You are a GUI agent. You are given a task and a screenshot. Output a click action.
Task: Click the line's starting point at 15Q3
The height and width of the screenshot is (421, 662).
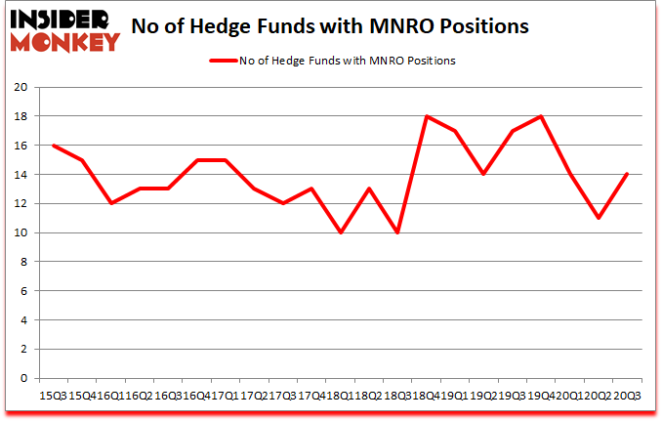[x=53, y=146]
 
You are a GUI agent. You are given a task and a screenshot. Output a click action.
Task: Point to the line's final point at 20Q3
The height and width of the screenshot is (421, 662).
[x=627, y=174]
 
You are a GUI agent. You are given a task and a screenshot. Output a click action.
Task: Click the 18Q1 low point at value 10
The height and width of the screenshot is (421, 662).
[x=340, y=232]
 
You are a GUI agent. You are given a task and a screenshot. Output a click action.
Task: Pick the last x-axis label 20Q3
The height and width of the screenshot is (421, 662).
[x=627, y=395]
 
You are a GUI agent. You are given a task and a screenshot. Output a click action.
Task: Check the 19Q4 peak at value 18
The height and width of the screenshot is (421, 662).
[x=540, y=116]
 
